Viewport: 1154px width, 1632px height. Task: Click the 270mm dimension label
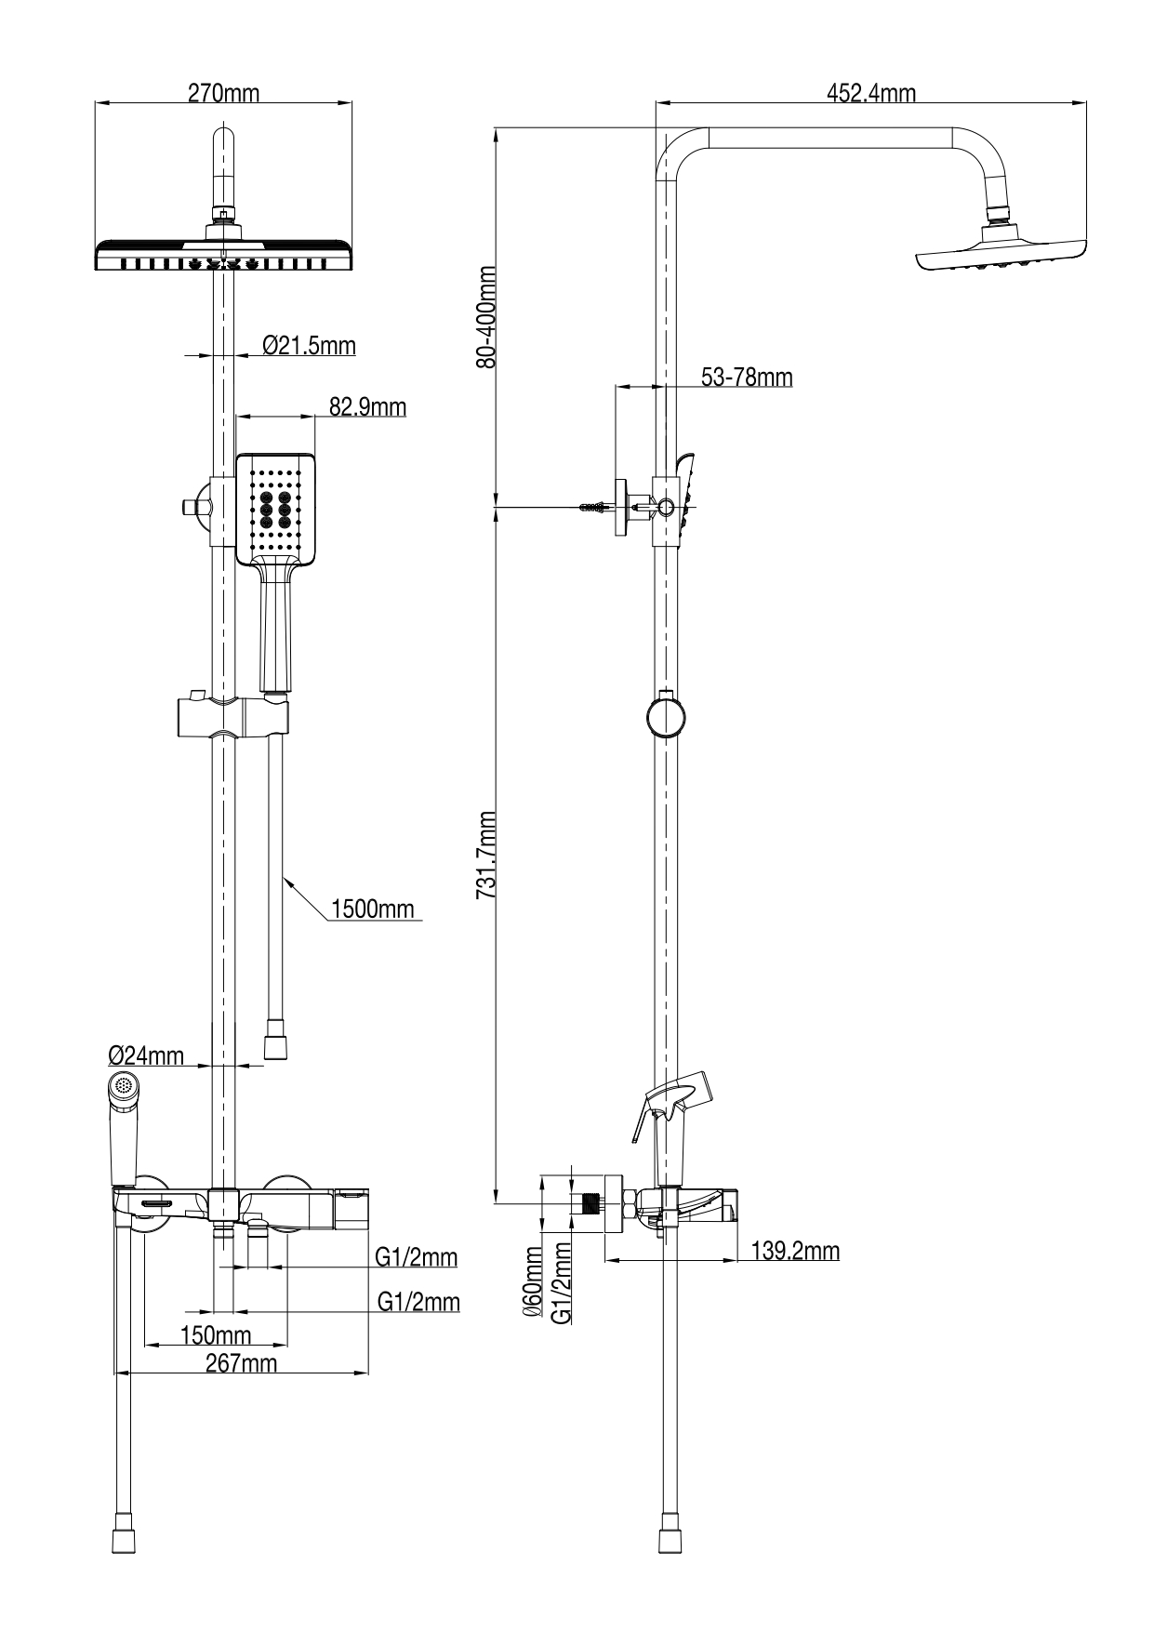[223, 93]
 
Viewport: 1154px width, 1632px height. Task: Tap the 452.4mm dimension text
[870, 93]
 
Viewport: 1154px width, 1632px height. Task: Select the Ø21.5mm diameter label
[309, 346]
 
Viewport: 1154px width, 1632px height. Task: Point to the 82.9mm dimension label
[367, 406]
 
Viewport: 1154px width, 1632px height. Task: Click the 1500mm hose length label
[372, 909]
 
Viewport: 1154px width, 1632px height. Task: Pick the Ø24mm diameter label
[146, 1055]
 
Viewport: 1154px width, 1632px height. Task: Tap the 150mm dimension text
[216, 1335]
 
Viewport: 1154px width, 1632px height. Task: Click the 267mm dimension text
[240, 1363]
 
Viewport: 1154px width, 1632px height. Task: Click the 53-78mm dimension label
[746, 377]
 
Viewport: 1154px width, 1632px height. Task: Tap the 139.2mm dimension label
[794, 1251]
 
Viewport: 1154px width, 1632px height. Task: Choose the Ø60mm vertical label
[533, 1281]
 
